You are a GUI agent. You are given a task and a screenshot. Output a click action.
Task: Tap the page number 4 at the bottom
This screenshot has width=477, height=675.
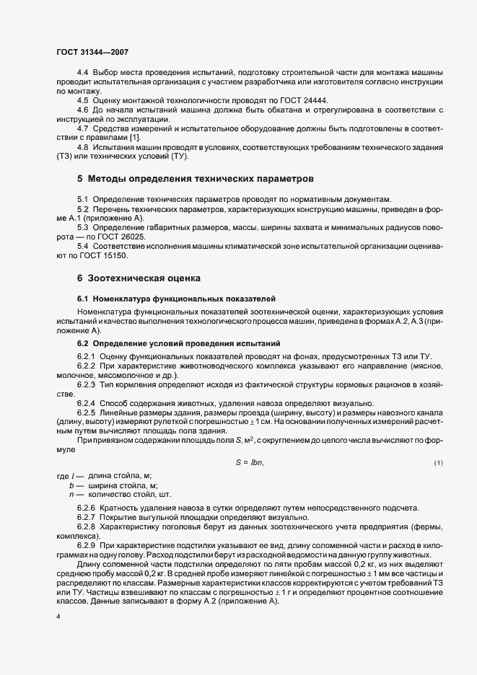58,617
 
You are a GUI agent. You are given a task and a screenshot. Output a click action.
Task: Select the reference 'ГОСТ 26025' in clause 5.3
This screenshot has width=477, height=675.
114,235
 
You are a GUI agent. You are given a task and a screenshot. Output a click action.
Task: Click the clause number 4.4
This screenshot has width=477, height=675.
83,74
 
